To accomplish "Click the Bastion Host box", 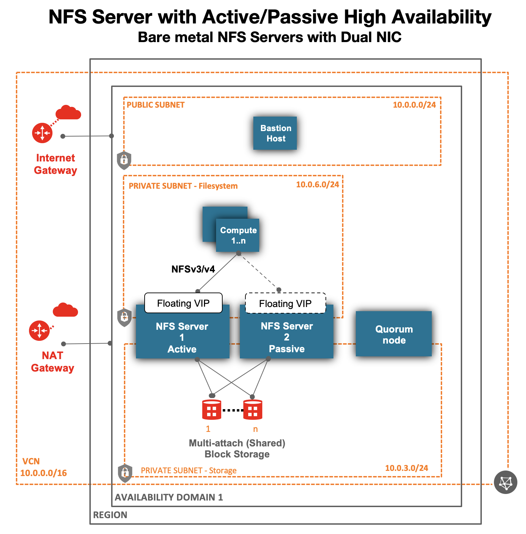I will [275, 133].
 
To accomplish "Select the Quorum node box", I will [393, 334].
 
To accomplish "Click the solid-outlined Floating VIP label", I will [183, 303].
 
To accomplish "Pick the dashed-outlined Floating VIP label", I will [285, 304].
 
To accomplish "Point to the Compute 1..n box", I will [238, 235].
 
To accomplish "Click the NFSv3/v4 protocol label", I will [193, 269].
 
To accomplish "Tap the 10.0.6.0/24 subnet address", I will [318, 185].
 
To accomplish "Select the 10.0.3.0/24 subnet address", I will [406, 468].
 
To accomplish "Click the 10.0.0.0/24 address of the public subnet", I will [414, 105].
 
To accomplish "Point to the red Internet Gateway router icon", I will [42, 133].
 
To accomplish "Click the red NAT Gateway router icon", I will [39, 330].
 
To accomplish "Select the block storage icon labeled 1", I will [211, 410].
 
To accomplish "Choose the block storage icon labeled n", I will [253, 410].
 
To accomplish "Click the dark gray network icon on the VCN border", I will [505, 482].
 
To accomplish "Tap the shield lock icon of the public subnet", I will [124, 160].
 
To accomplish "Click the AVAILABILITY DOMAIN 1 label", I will [169, 497].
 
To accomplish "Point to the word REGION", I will [110, 515].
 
